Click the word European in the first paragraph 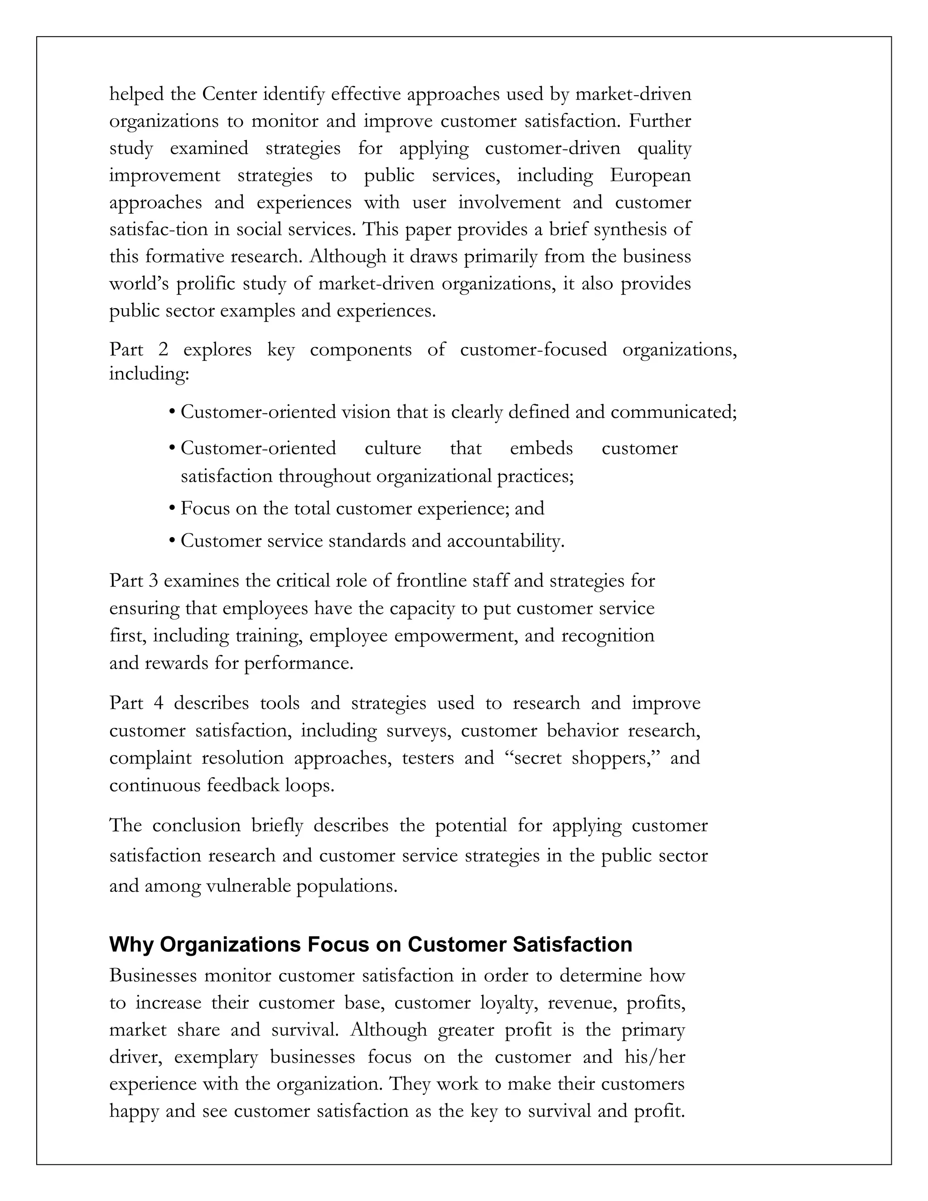[x=650, y=175]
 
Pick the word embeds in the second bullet [x=541, y=448]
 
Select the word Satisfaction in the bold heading [x=572, y=944]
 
